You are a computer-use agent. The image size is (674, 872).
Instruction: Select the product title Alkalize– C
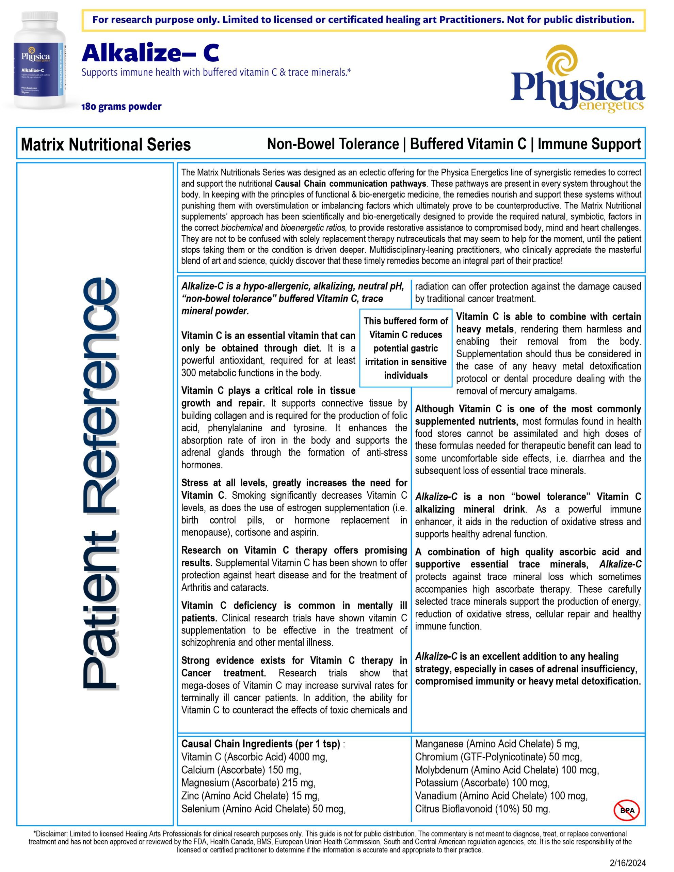click(x=150, y=53)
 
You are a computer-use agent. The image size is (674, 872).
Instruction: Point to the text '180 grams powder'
click(x=121, y=107)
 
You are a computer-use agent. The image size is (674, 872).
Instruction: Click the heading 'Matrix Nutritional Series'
click(x=106, y=144)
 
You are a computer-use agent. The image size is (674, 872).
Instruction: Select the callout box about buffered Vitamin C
click(x=405, y=348)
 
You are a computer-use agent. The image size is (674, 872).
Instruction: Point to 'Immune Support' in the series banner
click(x=589, y=144)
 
